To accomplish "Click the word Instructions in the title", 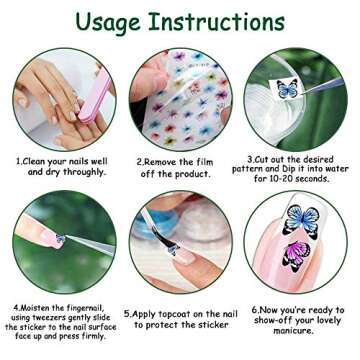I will (x=228, y=21).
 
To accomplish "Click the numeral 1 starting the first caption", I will (x=18, y=160).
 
